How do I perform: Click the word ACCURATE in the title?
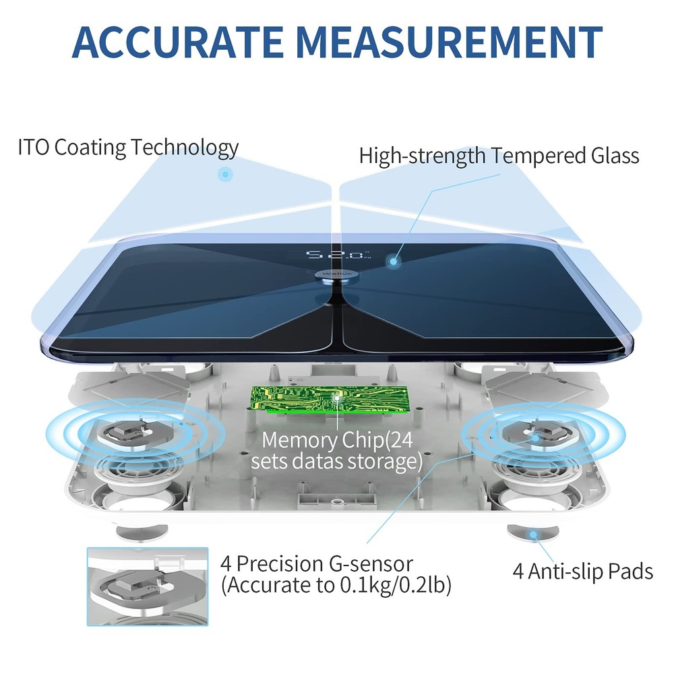tap(177, 42)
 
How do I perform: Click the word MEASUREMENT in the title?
tap(449, 42)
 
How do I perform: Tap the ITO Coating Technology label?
tap(128, 148)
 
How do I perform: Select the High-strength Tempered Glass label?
tap(499, 156)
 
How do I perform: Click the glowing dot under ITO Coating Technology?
tap(225, 175)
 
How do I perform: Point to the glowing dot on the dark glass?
tap(393, 262)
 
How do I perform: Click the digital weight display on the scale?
tap(338, 255)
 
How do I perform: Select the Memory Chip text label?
tap(336, 450)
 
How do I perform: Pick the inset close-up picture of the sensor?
tap(148, 586)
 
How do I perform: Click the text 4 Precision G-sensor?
tap(317, 564)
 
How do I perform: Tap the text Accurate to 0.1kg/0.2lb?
tap(336, 586)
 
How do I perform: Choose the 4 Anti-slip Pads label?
tap(582, 572)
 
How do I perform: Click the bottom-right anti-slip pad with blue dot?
tap(533, 533)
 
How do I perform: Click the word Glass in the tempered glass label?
tap(615, 155)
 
